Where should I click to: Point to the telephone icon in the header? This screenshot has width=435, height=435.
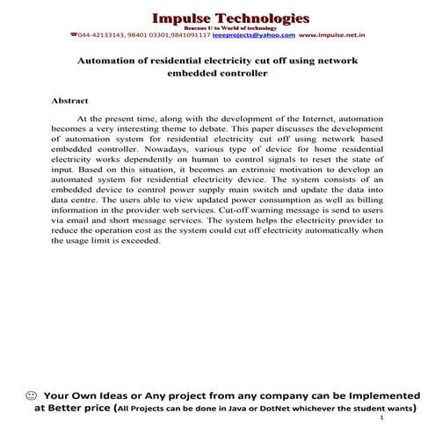pos(73,35)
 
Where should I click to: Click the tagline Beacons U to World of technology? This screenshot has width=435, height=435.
pos(230,28)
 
